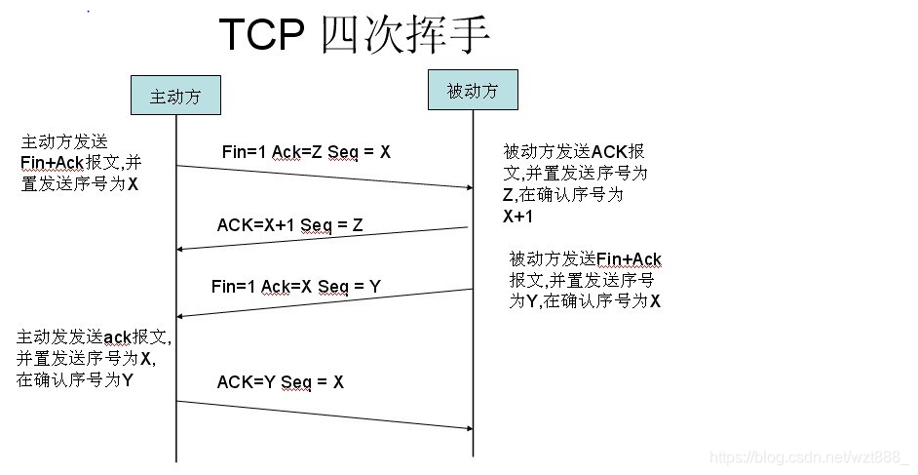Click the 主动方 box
tap(175, 96)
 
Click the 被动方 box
tap(473, 91)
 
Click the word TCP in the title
tap(260, 35)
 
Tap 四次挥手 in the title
tap(402, 35)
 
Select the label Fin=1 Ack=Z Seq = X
tap(306, 152)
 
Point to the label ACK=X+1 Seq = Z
tap(289, 225)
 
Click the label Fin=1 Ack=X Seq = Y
tap(295, 287)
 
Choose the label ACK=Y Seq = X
tap(280, 382)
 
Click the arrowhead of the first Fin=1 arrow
tap(468, 186)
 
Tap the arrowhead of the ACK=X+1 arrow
tap(181, 250)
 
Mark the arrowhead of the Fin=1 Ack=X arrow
tap(181, 315)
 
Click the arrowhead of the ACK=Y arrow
tap(468, 428)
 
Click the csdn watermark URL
tap(808, 457)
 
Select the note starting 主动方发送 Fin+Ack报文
tap(82, 162)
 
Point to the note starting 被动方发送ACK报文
tap(574, 183)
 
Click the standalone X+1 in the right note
tap(517, 218)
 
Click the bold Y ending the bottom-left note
tap(128, 380)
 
